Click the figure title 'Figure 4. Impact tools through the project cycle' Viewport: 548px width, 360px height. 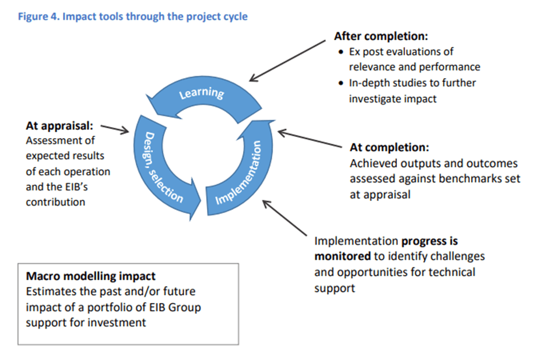pyautogui.click(x=132, y=16)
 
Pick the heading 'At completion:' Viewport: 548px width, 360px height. pyautogui.click(x=389, y=147)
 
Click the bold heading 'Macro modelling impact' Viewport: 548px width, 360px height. pyautogui.click(x=90, y=276)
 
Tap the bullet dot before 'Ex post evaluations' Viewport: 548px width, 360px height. pyautogui.click(x=342, y=52)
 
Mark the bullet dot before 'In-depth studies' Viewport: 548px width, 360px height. pyautogui.click(x=342, y=83)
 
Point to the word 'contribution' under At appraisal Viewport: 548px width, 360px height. pyautogui.click(x=56, y=202)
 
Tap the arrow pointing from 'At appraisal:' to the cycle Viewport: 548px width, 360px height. pyautogui.click(x=115, y=128)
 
